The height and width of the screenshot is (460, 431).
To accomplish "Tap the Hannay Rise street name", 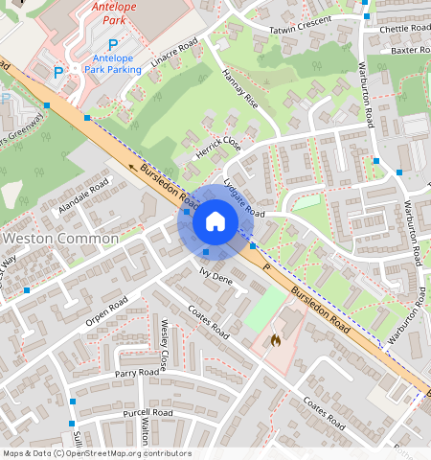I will click(239, 88).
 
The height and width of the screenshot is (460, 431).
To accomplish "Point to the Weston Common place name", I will click(61, 238).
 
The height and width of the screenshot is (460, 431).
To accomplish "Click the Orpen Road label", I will click(105, 310).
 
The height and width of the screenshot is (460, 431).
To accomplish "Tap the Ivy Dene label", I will click(215, 277).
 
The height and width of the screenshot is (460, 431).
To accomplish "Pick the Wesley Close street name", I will click(165, 346).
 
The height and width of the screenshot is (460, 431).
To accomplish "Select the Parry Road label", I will click(136, 372).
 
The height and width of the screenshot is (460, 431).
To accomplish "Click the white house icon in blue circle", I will click(215, 222).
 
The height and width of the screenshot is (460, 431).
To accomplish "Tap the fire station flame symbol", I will click(276, 339).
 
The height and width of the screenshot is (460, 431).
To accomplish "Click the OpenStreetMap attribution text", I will click(97, 453).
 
